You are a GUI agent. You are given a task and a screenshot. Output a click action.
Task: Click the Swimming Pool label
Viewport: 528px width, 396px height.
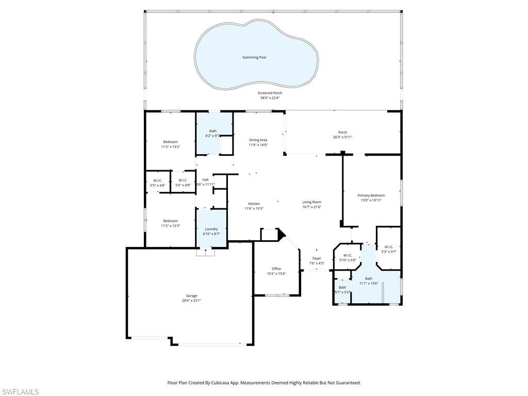(x=254, y=57)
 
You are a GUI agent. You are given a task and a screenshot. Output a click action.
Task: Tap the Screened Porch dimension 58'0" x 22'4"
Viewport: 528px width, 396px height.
(x=270, y=98)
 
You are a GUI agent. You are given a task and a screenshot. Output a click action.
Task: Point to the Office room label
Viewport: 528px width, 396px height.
(x=276, y=269)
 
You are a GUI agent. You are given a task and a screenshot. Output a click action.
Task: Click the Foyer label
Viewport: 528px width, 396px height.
(x=317, y=258)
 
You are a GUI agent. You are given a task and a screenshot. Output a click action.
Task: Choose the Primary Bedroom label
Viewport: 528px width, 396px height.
(x=371, y=195)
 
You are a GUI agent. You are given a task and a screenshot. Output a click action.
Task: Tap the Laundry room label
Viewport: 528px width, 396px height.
(x=211, y=229)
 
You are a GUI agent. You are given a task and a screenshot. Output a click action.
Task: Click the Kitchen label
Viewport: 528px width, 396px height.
(x=254, y=204)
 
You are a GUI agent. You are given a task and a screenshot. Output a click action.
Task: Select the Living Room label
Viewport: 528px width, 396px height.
(x=312, y=202)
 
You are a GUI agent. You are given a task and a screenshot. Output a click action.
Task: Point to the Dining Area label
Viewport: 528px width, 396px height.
(x=258, y=140)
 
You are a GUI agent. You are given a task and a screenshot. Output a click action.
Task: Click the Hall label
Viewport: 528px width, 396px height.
(x=205, y=179)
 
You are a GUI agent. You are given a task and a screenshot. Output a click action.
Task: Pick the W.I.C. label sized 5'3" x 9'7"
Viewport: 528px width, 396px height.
(x=389, y=246)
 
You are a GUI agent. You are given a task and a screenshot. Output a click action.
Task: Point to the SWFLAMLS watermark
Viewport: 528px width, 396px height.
(x=20, y=392)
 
